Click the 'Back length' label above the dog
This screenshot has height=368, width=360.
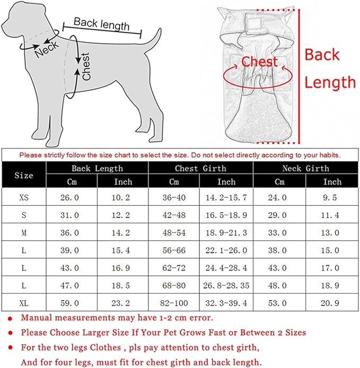pos(101,24)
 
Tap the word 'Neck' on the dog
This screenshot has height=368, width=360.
pos(47,49)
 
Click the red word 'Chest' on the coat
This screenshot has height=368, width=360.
pos(259,62)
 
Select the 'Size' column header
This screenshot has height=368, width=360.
pos(24,175)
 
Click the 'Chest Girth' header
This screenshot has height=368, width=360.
pos(200,168)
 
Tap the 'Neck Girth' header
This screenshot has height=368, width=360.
pos(305,168)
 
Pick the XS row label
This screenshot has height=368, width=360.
pos(24,198)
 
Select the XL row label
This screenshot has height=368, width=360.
pos(24,303)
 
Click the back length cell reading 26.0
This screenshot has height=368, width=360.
pos(69,198)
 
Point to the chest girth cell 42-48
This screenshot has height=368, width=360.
pos(174,215)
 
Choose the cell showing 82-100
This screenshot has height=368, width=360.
pos(174,303)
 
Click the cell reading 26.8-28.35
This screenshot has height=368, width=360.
pos(226,286)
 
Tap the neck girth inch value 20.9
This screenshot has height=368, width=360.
pos(330,303)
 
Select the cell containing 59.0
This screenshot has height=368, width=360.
pos(69,303)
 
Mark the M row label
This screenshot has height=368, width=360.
pos(24,233)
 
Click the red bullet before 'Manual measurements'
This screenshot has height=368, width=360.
pos(10,319)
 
